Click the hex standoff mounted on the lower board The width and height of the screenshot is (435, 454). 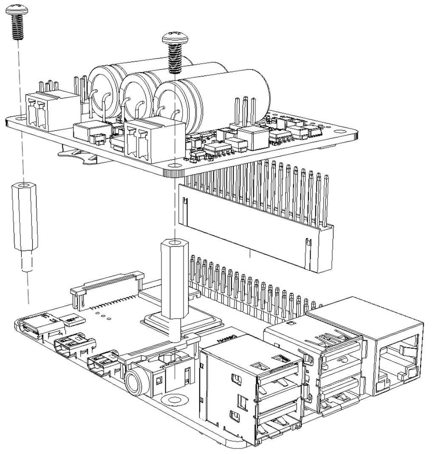pyautogui.click(x=173, y=280)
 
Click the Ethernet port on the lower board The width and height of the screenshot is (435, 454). pyautogui.click(x=397, y=352)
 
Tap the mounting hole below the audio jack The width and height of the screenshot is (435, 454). pyautogui.click(x=174, y=399)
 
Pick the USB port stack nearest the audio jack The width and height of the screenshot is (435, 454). pyautogui.click(x=255, y=391)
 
